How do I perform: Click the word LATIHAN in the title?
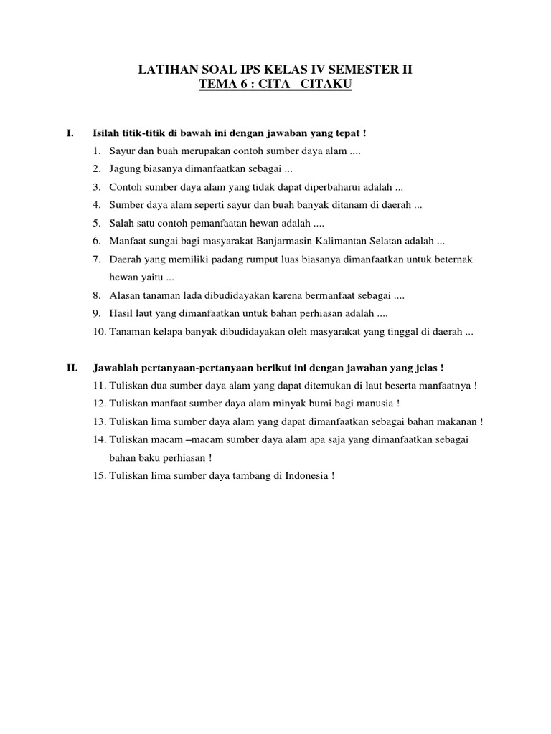tap(167, 70)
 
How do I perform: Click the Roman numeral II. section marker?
tap(72, 368)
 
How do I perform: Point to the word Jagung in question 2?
tap(125, 169)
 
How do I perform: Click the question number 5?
tap(96, 222)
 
